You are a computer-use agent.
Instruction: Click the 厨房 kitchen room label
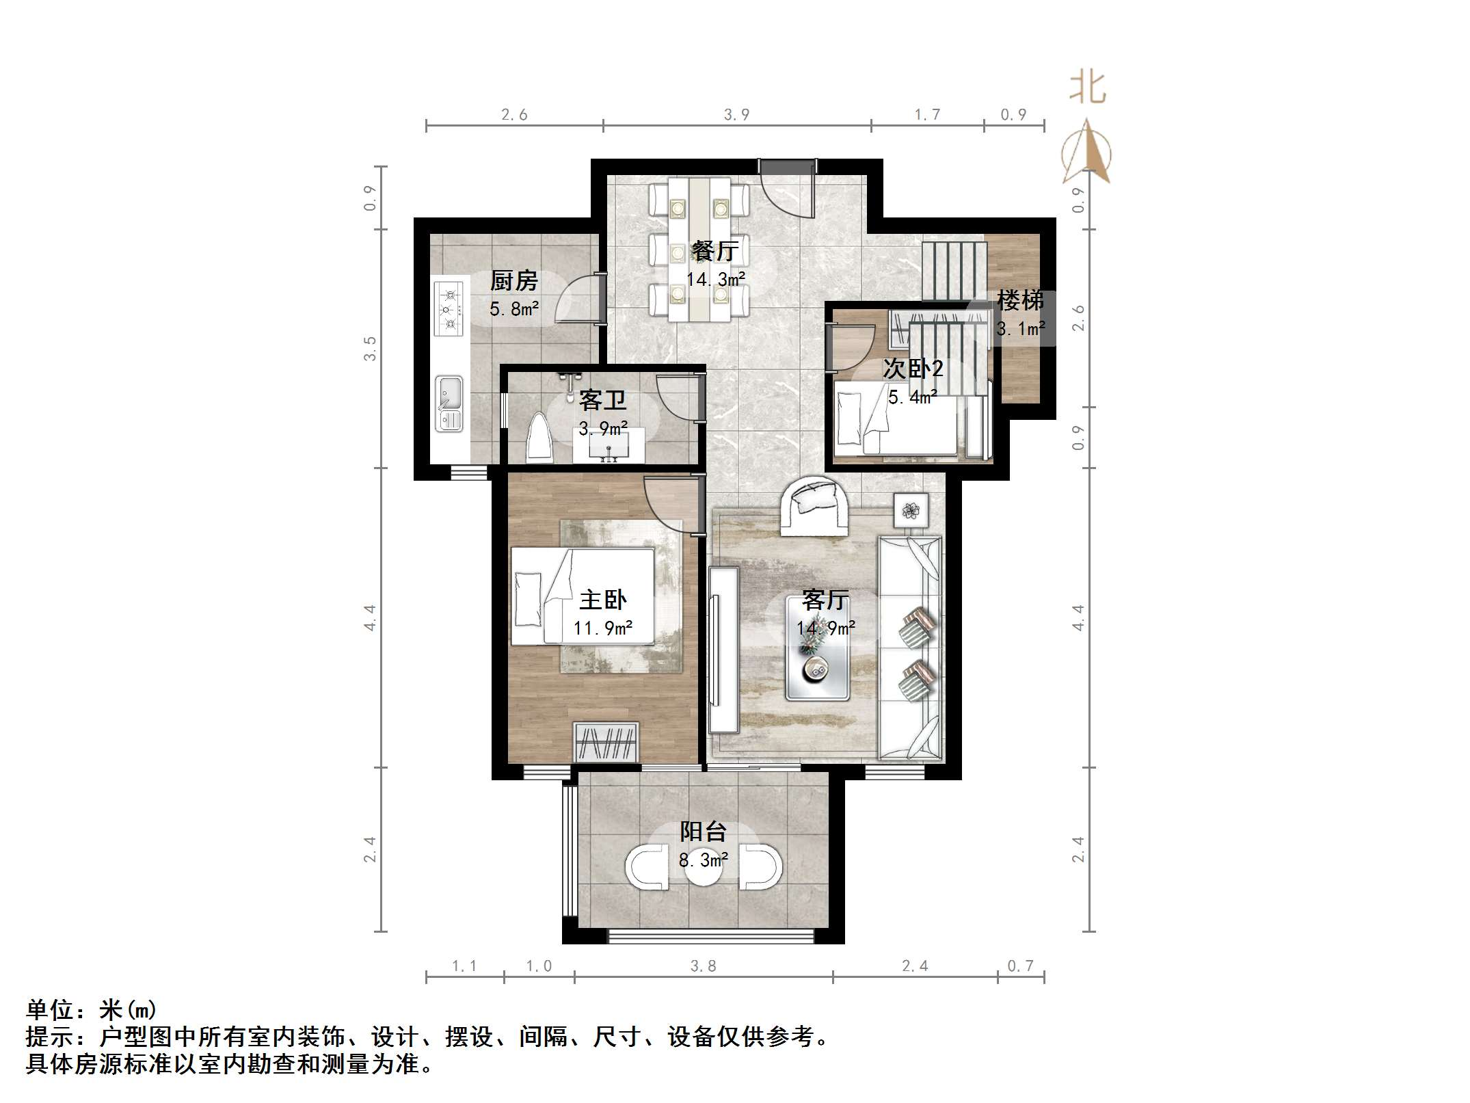513,281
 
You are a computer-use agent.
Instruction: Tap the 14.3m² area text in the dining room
715,279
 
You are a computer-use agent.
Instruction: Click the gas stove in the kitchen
449,309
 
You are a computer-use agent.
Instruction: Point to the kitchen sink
449,403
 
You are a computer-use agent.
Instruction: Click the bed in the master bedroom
582,596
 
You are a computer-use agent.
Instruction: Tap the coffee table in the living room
817,648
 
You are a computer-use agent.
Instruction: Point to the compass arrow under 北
1087,154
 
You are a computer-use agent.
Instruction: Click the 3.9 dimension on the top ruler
736,115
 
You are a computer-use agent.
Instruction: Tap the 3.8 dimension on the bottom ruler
703,966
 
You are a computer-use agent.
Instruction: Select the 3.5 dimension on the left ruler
370,348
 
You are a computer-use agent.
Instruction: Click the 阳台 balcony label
702,832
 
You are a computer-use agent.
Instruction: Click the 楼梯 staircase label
1019,300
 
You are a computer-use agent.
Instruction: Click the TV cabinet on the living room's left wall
723,649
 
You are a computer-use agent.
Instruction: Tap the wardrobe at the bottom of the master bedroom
606,742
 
